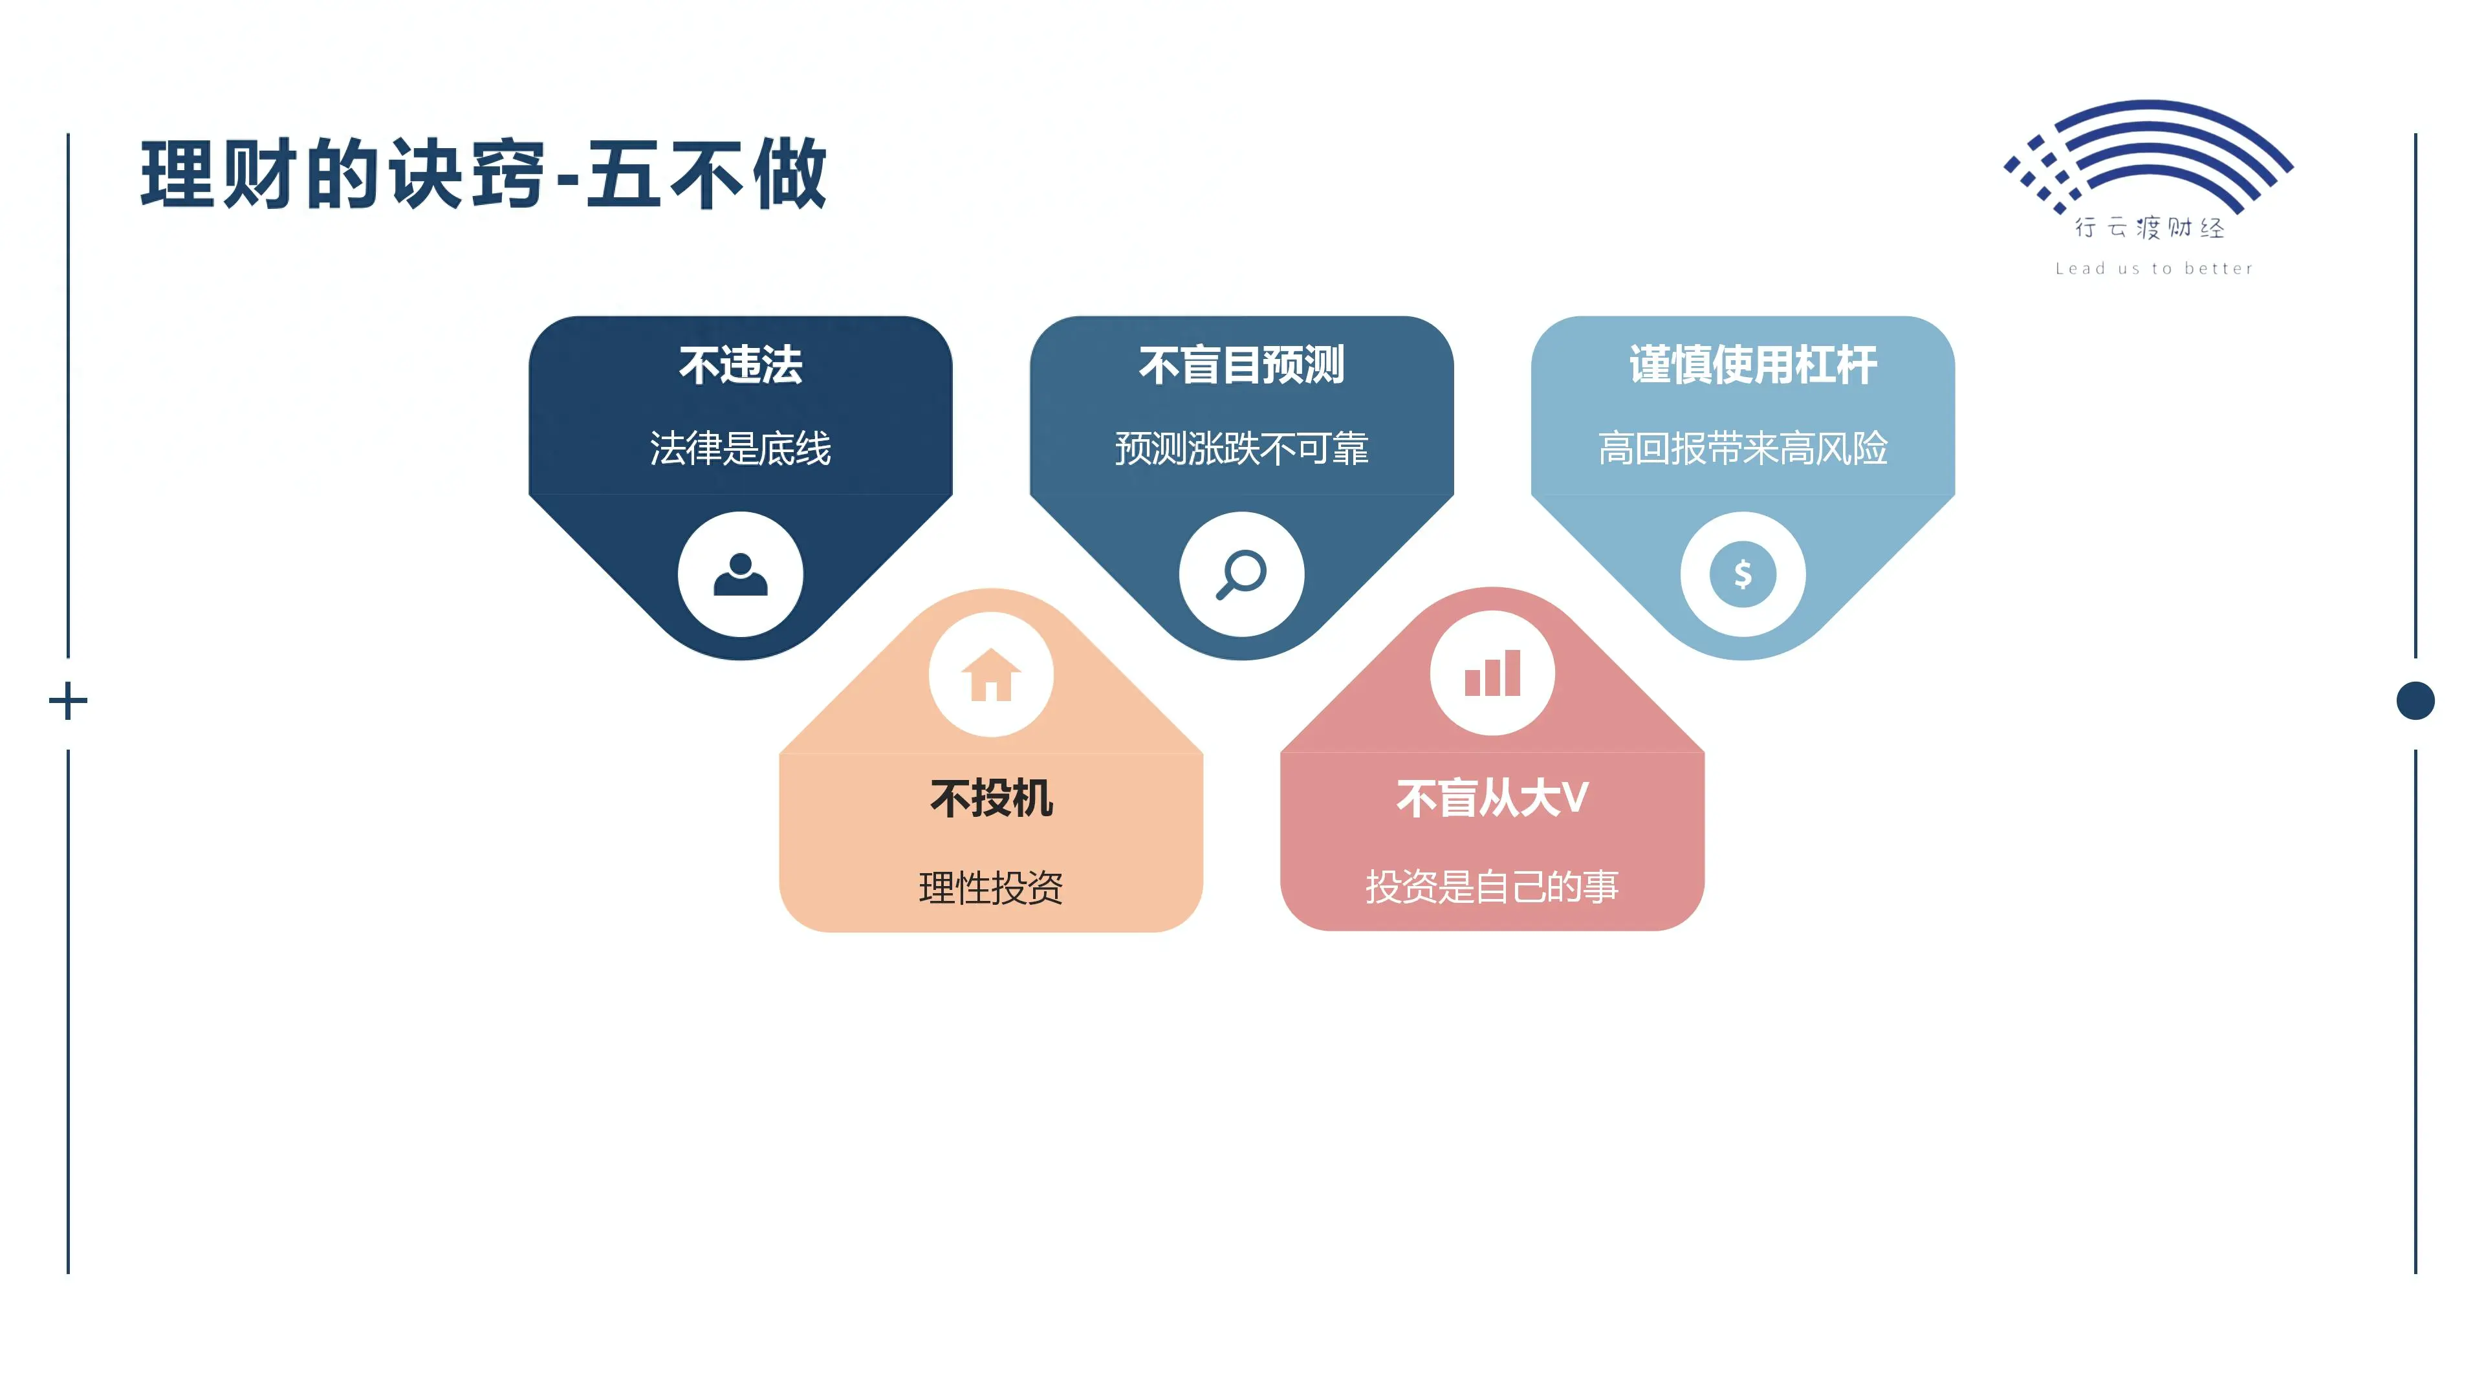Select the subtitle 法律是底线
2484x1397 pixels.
741,448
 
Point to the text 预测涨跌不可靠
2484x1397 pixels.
1241,448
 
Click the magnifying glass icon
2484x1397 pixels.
1241,574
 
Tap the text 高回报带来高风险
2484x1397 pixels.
1743,448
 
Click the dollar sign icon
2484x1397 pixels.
1743,574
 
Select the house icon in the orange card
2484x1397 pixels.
991,674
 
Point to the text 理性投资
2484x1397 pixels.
991,887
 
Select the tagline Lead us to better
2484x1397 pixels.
2153,269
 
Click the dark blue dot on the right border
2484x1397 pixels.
2415,701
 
